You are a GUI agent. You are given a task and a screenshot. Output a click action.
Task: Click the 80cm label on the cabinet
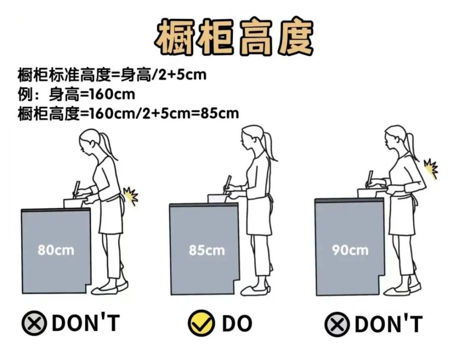[x=56, y=250]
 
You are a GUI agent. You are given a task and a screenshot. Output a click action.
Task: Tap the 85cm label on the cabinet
[x=207, y=250]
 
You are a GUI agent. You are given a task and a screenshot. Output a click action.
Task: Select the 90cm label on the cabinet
[x=350, y=250]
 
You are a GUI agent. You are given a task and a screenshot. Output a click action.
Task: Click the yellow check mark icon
[x=201, y=323]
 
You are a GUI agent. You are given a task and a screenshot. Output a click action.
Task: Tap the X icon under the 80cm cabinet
[x=34, y=323]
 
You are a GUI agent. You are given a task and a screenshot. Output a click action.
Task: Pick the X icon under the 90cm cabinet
[x=337, y=324]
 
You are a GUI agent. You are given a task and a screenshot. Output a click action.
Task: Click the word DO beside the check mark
[x=237, y=323]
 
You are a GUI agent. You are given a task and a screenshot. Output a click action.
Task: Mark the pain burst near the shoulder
[x=431, y=168]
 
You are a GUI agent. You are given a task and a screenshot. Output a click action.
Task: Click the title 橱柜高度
[x=235, y=37]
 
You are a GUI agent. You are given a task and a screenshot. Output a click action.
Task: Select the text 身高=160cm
[x=92, y=94]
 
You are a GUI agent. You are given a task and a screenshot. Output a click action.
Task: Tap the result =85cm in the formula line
[x=216, y=113]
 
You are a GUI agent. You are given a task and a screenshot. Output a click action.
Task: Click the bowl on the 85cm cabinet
[x=217, y=198]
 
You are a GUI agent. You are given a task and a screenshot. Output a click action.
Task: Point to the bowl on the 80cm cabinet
[x=73, y=203]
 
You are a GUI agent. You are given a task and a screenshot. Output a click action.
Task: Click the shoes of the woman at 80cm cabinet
[x=110, y=288]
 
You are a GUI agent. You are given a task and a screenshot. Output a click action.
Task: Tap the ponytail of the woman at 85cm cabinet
[x=269, y=146]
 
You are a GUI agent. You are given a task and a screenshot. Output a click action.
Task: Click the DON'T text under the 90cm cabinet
[x=389, y=324]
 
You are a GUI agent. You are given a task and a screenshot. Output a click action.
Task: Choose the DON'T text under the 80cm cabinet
[x=86, y=322]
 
